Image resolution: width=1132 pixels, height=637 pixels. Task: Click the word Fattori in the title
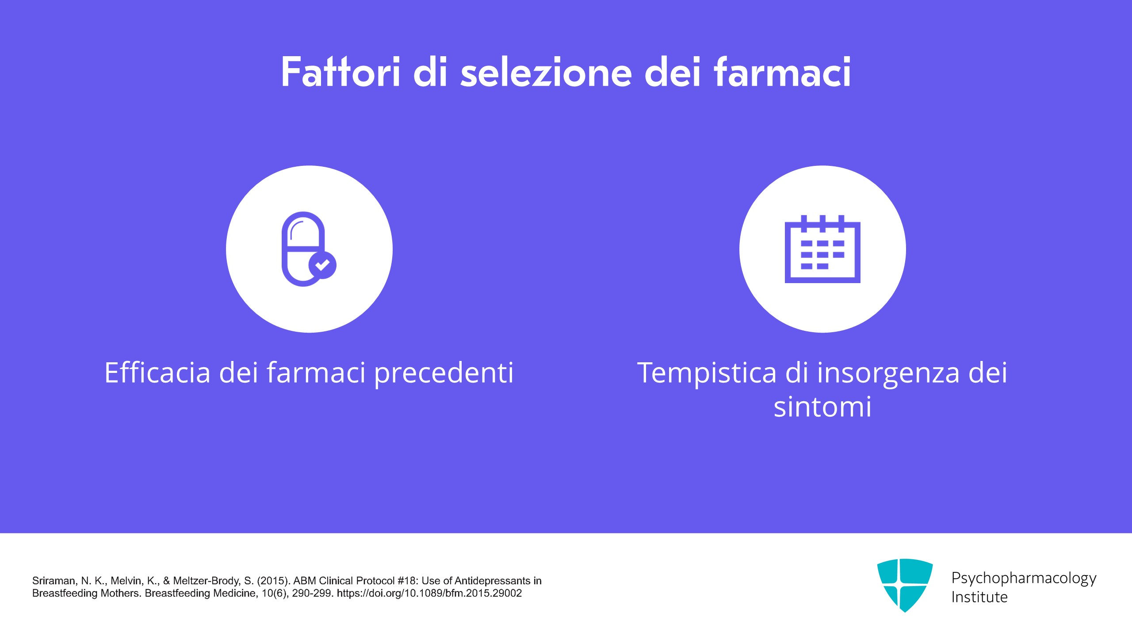(340, 72)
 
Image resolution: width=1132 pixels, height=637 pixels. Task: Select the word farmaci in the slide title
(782, 72)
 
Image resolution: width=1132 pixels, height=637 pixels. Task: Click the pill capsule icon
(303, 249)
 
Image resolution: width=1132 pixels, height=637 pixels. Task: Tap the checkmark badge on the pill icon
(322, 265)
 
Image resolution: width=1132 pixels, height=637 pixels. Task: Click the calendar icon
(822, 249)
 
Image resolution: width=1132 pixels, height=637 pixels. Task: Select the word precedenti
(444, 373)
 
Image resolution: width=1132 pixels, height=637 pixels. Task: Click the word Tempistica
(707, 373)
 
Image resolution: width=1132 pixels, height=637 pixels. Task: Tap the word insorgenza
(888, 373)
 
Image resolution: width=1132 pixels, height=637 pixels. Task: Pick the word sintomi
(822, 407)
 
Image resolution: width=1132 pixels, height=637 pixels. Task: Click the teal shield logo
(905, 585)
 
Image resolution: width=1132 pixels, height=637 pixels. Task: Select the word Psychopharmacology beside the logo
(1024, 579)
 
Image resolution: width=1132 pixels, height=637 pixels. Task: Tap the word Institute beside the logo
(979, 597)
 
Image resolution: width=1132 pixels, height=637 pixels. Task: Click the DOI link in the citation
(429, 593)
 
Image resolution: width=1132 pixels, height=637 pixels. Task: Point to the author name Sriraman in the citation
(54, 581)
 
